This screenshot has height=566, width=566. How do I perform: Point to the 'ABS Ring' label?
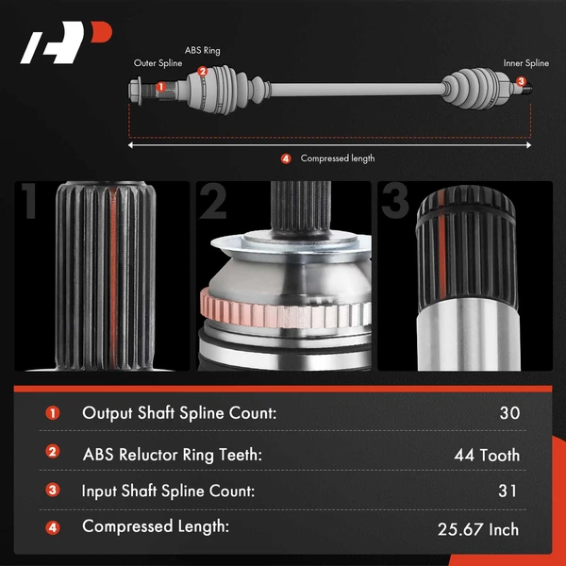tap(203, 50)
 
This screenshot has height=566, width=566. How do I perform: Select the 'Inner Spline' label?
tap(526, 64)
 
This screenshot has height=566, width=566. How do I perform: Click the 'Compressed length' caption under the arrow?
tap(338, 158)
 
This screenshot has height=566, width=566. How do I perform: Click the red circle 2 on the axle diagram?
tap(202, 72)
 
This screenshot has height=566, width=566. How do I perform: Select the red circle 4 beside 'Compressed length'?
tap(286, 158)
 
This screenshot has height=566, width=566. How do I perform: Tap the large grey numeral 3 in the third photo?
tap(395, 202)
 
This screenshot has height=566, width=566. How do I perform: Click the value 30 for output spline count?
tap(509, 412)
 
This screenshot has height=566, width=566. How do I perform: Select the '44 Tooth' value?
tap(487, 455)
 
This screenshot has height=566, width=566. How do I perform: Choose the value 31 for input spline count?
tap(509, 491)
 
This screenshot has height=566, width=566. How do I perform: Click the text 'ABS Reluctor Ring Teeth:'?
tap(173, 455)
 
